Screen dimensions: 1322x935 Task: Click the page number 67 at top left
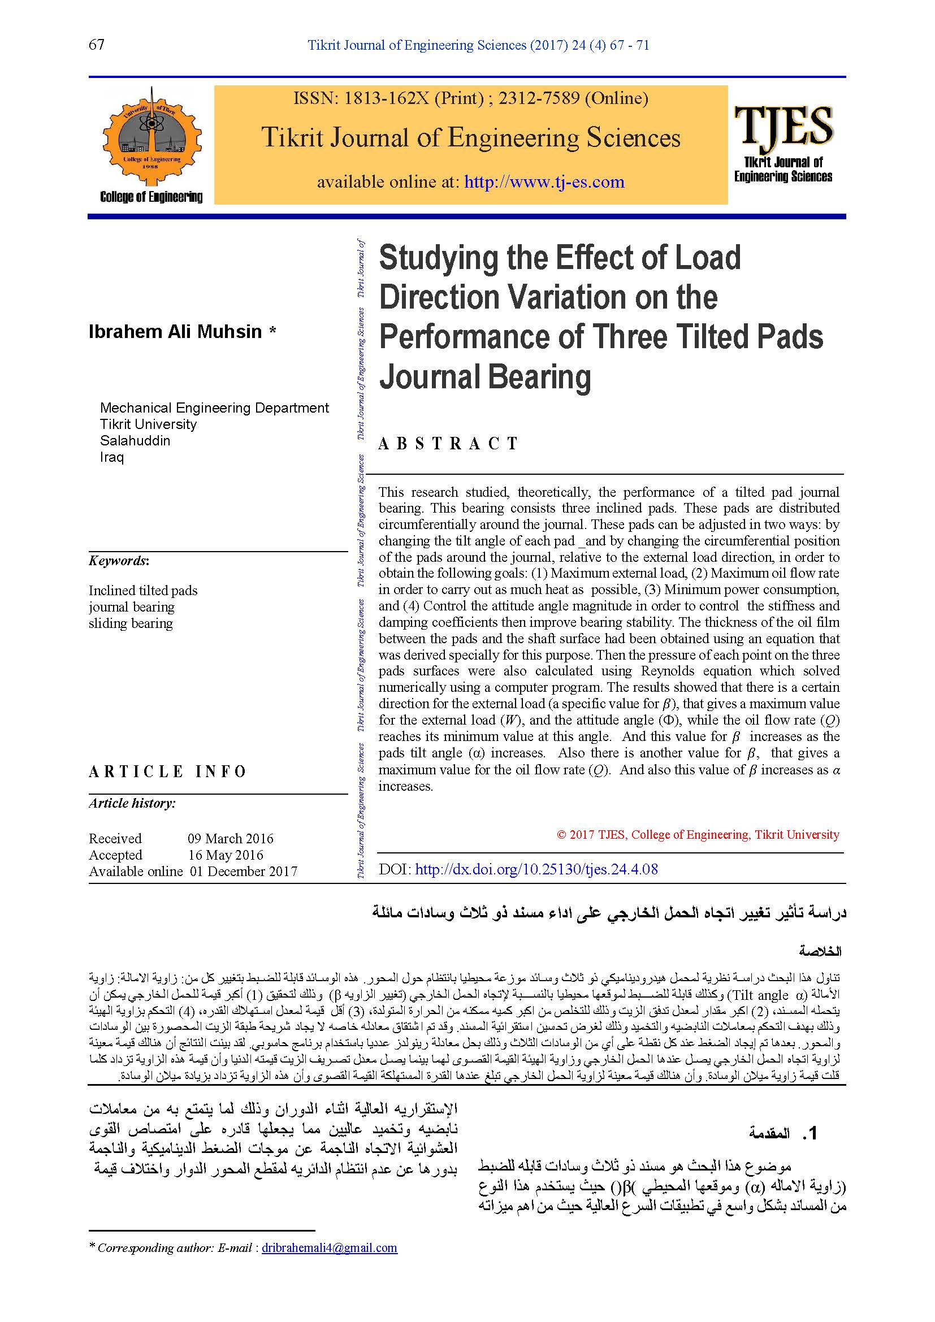[x=97, y=44]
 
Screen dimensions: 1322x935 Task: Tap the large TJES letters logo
[x=783, y=125]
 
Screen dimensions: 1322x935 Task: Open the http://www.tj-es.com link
[x=544, y=182]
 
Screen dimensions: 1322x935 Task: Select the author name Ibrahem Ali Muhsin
[x=176, y=332]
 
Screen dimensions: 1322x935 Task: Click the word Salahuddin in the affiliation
[x=135, y=440]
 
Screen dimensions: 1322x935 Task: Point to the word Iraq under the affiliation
[x=112, y=457]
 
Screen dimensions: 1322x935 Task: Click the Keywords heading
[x=119, y=561]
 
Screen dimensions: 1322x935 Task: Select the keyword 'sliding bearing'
[x=131, y=623]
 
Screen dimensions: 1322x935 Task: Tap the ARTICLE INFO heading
[x=167, y=771]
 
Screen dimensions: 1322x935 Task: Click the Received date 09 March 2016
[x=230, y=838]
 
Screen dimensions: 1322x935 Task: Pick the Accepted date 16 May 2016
[x=225, y=855]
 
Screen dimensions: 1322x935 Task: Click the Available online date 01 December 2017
[x=244, y=872]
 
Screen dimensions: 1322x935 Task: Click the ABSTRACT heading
[x=448, y=443]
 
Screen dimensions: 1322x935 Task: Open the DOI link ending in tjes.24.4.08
[x=536, y=869]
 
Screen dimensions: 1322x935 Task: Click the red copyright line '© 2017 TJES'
[x=698, y=835]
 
